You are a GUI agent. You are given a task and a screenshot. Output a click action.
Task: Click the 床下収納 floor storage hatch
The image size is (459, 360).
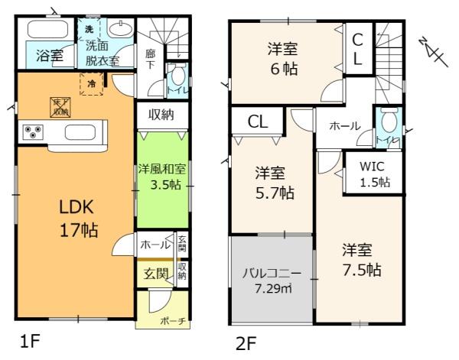59,105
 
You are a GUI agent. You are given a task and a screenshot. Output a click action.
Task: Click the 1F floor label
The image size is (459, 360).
29,342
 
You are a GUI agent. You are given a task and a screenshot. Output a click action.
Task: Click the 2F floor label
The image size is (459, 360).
246,343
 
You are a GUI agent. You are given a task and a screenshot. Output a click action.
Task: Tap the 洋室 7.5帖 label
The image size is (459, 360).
359,260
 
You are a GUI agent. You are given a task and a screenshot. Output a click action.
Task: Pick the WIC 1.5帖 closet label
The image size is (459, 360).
374,174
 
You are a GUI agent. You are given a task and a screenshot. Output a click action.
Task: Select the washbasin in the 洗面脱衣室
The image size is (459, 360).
120,30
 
